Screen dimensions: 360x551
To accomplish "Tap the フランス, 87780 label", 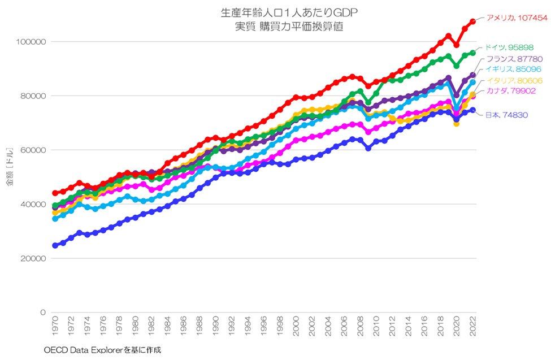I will coord(511,59).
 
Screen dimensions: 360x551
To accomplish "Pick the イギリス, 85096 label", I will coord(511,70).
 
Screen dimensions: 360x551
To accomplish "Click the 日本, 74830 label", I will coord(507,115).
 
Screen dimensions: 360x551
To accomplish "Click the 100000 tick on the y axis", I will coord(32,42).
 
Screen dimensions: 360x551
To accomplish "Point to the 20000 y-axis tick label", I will coord(34,258).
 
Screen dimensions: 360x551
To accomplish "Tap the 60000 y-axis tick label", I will coord(34,150).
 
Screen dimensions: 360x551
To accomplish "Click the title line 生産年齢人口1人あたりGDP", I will coord(290,12).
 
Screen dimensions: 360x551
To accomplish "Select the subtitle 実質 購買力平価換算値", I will coord(290,27).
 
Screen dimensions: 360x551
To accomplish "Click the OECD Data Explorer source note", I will coord(102,350).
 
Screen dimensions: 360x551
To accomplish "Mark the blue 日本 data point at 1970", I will coord(55,246).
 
